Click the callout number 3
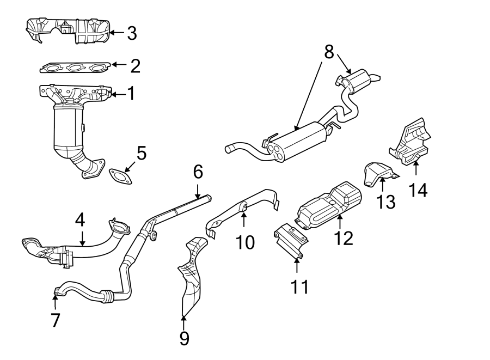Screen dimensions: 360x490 point(131,33)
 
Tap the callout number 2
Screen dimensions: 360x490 point(135,66)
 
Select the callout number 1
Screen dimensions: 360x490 point(131,94)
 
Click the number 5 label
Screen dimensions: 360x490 point(141,153)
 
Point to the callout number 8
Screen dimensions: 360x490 point(328,52)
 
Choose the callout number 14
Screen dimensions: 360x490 point(419,190)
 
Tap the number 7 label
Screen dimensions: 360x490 point(55,320)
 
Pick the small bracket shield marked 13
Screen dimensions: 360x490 point(377,173)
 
